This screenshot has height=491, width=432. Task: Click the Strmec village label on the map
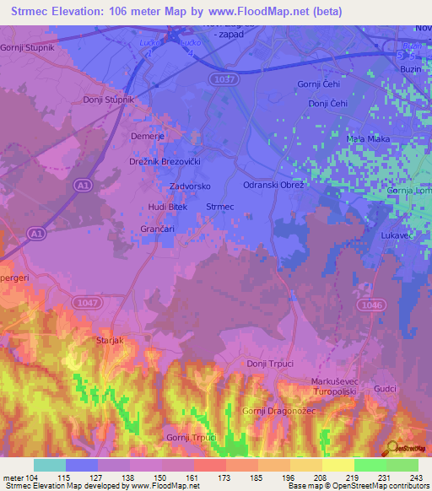click(220, 206)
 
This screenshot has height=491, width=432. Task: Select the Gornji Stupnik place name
click(27, 47)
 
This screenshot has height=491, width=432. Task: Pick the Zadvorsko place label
click(190, 186)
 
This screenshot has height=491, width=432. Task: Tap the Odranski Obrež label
click(273, 185)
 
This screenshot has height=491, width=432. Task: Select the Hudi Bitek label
click(167, 207)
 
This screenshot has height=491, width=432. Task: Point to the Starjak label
click(111, 340)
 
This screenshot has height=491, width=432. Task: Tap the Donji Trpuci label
click(267, 364)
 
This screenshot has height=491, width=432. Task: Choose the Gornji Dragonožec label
click(278, 411)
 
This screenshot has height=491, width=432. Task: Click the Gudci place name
click(385, 389)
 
